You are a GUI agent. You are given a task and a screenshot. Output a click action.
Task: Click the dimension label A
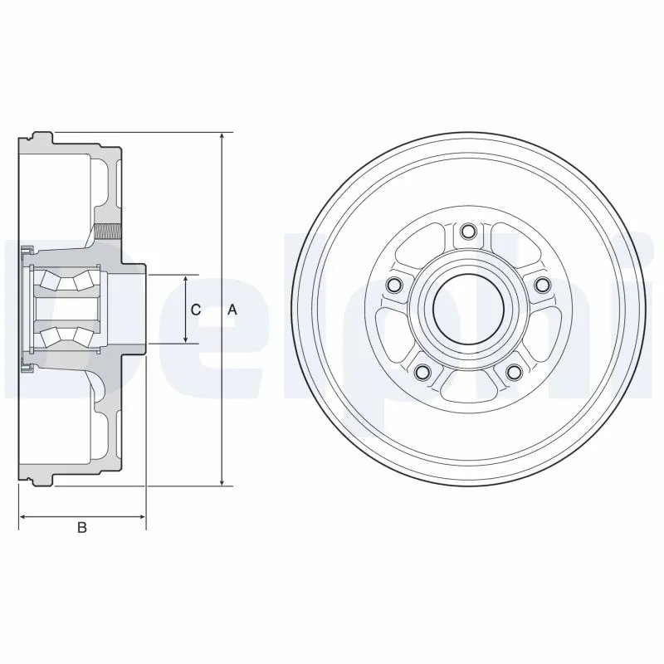point(233,310)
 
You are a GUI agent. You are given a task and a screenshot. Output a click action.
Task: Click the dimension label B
point(81,528)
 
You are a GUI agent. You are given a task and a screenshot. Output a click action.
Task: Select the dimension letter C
point(195,310)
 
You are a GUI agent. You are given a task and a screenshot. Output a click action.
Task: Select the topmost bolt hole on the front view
point(468,231)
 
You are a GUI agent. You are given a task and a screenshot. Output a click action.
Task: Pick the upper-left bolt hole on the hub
point(395,285)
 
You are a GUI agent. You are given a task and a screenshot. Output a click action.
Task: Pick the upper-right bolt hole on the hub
point(542,285)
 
